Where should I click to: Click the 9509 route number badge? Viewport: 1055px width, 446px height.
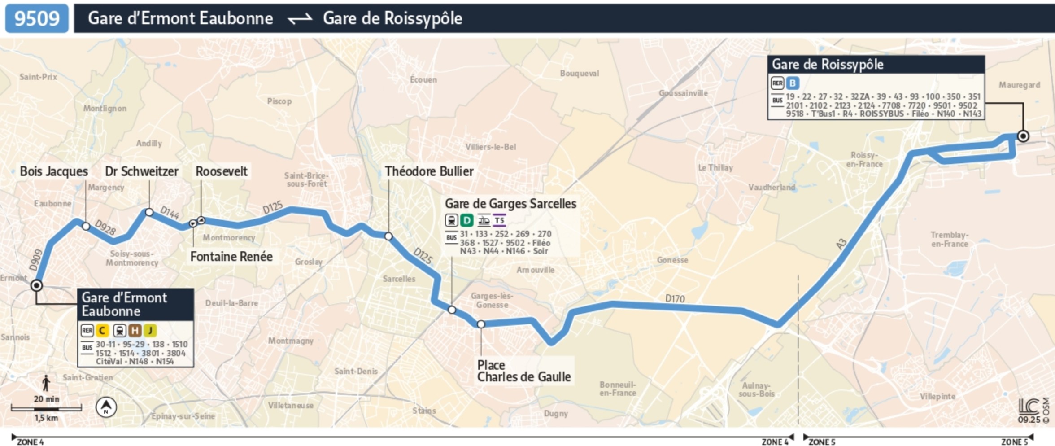tap(37, 18)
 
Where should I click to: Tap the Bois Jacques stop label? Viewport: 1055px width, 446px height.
tap(54, 171)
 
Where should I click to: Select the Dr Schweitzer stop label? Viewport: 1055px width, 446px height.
tap(141, 171)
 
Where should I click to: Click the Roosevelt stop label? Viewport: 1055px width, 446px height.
tap(221, 171)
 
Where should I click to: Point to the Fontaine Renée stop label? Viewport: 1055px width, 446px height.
tap(231, 257)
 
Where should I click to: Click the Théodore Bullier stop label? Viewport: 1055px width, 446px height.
tap(429, 171)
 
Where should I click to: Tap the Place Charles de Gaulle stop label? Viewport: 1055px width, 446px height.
tap(523, 371)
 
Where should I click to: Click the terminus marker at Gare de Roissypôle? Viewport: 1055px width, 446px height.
tap(1023, 136)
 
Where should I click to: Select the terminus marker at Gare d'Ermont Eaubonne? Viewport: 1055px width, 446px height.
tap(37, 285)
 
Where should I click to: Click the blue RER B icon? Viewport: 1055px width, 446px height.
tap(793, 83)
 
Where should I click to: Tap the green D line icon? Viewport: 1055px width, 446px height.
tap(467, 220)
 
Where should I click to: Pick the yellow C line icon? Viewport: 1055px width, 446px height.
tap(102, 331)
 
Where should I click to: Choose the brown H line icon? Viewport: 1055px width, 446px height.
tap(135, 331)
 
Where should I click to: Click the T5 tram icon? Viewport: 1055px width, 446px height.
tap(499, 220)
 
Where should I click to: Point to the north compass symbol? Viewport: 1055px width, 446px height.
tap(106, 407)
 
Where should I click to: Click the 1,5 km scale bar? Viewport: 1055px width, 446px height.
tap(46, 408)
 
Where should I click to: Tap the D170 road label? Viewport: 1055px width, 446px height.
tap(675, 299)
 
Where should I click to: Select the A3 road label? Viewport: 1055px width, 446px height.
tap(841, 244)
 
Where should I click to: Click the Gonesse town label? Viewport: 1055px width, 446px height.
tap(672, 260)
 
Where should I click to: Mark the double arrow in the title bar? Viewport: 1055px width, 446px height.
tap(300, 19)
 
